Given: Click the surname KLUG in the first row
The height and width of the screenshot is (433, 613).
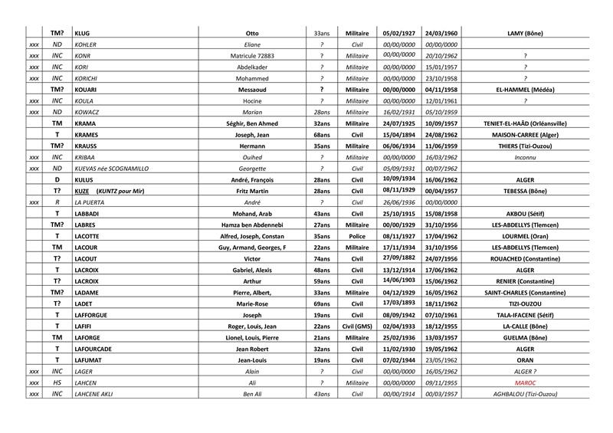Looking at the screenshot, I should pyautogui.click(x=82, y=33).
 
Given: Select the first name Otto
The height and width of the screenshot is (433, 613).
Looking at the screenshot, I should pyautogui.click(x=252, y=33).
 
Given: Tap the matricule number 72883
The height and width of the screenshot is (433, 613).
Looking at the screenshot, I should pyautogui.click(x=252, y=55).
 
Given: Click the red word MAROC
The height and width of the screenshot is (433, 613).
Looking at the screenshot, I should pyautogui.click(x=525, y=382).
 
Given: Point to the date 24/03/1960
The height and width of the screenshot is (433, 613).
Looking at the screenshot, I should pyautogui.click(x=441, y=33).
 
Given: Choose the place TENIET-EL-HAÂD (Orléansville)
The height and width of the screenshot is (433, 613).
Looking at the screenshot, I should pyautogui.click(x=525, y=123).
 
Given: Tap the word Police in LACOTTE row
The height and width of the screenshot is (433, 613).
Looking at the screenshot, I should pyautogui.click(x=352, y=237).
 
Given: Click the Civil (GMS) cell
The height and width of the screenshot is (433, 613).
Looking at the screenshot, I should pyautogui.click(x=352, y=326).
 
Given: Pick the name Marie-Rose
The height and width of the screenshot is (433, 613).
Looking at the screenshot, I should pyautogui.click(x=252, y=303).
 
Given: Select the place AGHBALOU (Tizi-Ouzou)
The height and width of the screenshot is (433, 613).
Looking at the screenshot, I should pyautogui.click(x=525, y=393).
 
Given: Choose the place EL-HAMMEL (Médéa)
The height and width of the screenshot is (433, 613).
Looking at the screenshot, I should pyautogui.click(x=525, y=89).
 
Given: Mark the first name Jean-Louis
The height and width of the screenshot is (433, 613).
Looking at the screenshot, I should pyautogui.click(x=252, y=359).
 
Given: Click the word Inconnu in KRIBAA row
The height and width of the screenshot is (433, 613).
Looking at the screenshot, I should pyautogui.click(x=525, y=156).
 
